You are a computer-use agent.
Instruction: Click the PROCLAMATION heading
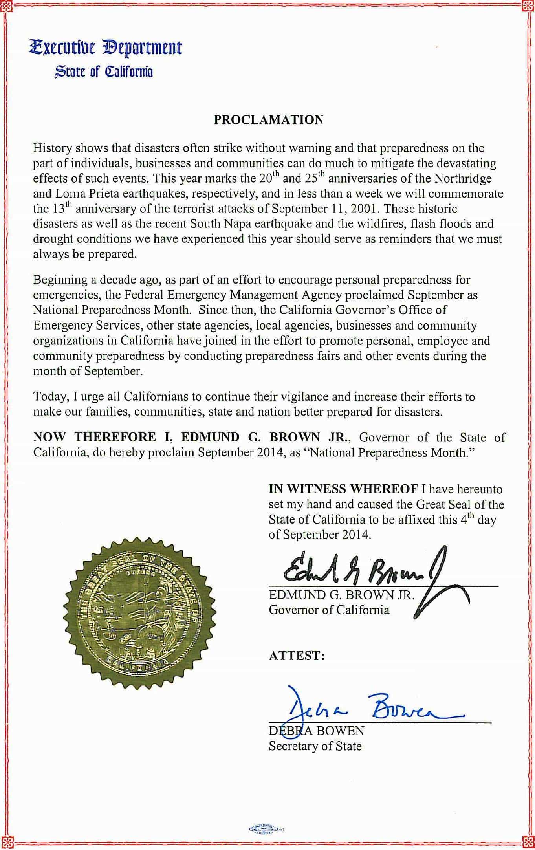(268, 120)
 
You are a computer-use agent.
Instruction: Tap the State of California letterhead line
(103, 72)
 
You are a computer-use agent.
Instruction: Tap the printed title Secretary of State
(315, 746)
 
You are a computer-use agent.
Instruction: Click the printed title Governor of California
(329, 610)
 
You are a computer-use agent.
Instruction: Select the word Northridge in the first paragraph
(463, 179)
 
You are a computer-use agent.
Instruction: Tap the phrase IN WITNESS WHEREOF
(343, 489)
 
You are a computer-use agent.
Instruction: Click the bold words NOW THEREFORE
(95, 437)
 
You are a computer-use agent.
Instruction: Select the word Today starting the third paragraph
(48, 397)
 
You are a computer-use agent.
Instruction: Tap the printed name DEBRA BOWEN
(316, 731)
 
